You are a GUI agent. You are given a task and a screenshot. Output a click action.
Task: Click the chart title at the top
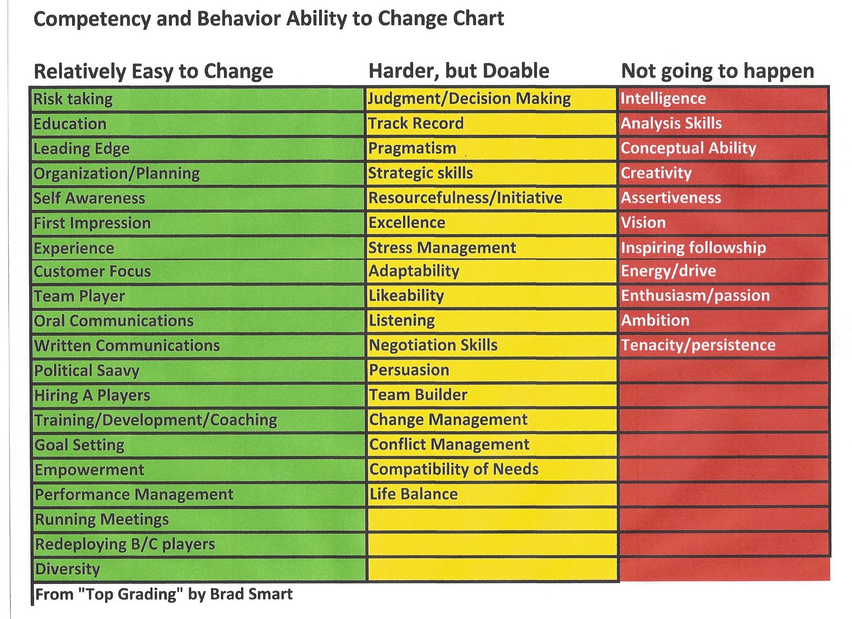[269, 19]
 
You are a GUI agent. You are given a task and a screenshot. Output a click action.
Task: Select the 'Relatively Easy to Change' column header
[153, 72]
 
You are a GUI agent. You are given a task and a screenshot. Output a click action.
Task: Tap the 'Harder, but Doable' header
[459, 71]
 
